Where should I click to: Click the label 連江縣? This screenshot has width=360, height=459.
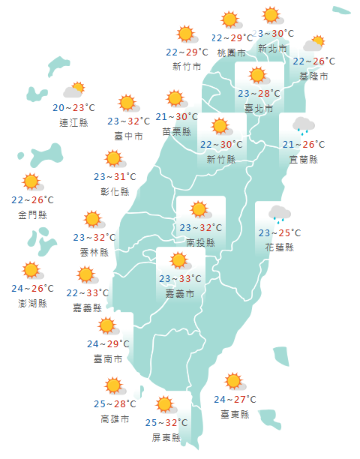tap(73, 122)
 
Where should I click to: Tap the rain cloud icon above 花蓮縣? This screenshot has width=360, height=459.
tap(280, 214)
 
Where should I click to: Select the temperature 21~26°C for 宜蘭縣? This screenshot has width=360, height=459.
tap(303, 145)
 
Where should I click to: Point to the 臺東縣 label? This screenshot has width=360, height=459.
tap(235, 414)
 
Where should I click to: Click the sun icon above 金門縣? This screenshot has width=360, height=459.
tap(31, 181)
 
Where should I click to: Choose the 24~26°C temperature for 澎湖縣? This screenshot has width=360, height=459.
tap(32, 289)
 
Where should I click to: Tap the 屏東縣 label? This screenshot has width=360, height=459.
tap(166, 437)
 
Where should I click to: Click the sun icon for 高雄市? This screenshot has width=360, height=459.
tap(114, 386)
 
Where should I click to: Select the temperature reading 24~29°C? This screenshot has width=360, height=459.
tap(109, 343)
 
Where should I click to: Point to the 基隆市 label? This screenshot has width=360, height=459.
tap(313, 76)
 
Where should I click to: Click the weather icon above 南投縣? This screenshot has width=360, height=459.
tap(199, 210)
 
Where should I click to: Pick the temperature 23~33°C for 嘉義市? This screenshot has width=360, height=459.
tap(181, 279)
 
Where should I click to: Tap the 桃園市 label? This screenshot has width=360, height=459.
tap(231, 52)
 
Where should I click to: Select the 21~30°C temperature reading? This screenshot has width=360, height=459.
tap(177, 116)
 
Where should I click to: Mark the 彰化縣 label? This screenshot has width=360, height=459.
tap(115, 191)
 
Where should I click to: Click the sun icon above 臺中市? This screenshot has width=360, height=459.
tap(127, 103)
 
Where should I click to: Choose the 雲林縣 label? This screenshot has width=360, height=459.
tap(94, 253)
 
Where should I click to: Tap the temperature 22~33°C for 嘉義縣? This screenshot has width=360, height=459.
tap(88, 292)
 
